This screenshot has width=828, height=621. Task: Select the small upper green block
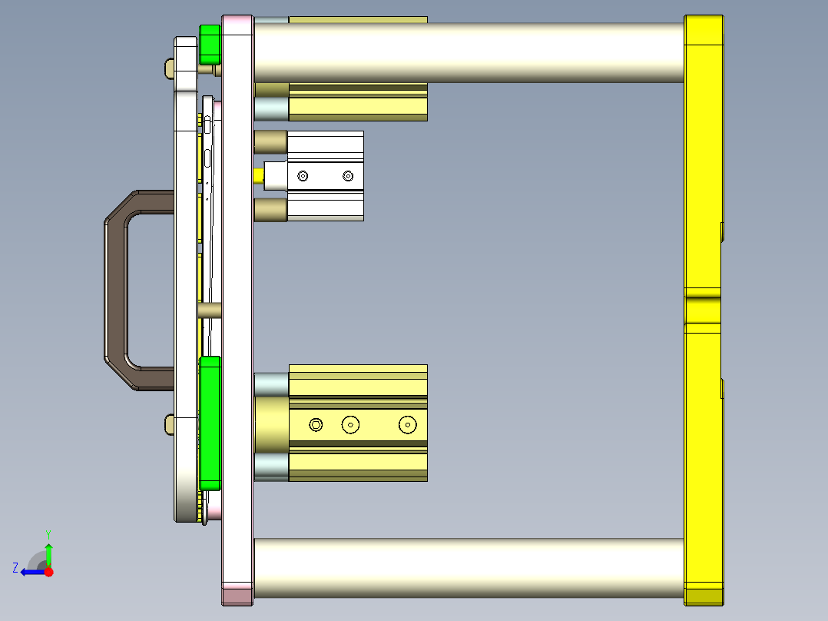point(210,45)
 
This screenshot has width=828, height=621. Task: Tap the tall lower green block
point(210,422)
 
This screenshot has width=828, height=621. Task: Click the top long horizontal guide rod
point(469,52)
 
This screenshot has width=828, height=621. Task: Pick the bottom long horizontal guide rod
point(469,568)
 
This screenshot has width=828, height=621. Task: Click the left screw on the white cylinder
point(303,176)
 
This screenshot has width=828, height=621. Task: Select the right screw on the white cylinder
point(348,176)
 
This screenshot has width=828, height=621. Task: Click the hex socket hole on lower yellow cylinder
point(316,424)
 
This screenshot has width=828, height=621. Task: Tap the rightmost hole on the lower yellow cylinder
point(407,424)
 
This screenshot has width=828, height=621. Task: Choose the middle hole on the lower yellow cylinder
point(351,424)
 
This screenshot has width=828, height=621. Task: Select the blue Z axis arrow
point(31,571)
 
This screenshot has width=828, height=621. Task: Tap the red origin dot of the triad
point(49,572)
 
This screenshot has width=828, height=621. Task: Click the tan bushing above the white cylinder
point(270,142)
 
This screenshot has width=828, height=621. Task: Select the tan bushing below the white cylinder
point(270,210)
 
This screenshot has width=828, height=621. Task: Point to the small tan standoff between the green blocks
point(210,310)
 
